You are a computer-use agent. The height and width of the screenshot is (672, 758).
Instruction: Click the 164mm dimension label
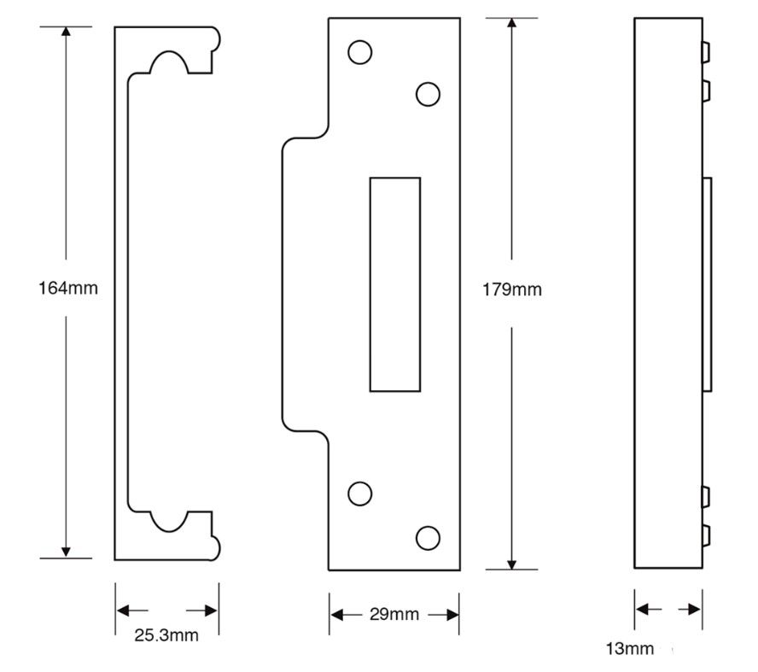(x=67, y=288)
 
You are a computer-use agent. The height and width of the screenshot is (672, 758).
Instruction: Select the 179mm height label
(x=512, y=289)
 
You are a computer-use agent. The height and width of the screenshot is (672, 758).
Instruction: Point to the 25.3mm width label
(x=167, y=635)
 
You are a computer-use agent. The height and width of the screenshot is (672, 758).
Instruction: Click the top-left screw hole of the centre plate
(x=360, y=52)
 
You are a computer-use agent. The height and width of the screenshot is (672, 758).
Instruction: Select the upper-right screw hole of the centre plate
(x=428, y=93)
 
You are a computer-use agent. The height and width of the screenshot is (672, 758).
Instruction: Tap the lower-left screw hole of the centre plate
(x=360, y=494)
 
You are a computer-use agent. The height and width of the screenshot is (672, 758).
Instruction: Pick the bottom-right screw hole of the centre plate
(x=428, y=537)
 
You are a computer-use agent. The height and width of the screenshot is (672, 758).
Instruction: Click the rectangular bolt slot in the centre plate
(x=394, y=284)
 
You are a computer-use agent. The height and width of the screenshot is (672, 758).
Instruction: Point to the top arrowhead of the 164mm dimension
(x=66, y=33)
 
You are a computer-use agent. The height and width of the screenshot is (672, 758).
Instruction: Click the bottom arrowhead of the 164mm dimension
(x=66, y=551)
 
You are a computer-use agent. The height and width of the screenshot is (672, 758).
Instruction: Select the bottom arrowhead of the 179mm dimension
(x=512, y=562)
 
